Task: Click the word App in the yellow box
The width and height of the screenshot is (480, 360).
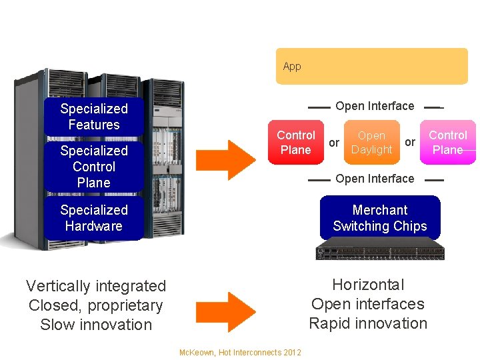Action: point(292,67)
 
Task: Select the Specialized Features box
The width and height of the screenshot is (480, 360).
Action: point(93,117)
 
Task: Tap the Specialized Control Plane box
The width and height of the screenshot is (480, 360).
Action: point(93,167)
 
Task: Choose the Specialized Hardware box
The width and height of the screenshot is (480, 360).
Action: point(93,218)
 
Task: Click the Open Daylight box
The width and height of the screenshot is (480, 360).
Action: point(371,143)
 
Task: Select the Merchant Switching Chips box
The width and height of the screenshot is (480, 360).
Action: point(380,218)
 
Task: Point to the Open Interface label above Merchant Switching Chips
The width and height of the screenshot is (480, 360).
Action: point(375,179)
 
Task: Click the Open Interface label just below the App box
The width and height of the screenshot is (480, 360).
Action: point(375,106)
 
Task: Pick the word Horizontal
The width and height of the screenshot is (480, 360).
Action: point(368,285)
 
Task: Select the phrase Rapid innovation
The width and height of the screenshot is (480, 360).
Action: point(368,323)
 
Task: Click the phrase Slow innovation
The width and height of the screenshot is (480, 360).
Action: point(96,325)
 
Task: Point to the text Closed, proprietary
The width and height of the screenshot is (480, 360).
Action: point(96,305)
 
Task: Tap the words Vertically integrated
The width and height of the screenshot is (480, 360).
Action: point(96,286)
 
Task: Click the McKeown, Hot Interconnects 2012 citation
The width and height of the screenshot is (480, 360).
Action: point(240,353)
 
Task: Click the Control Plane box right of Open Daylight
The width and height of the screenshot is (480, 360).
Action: point(447,143)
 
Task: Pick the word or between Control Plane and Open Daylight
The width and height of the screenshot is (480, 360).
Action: point(334,143)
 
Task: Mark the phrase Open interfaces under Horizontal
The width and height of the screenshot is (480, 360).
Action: point(368,304)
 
